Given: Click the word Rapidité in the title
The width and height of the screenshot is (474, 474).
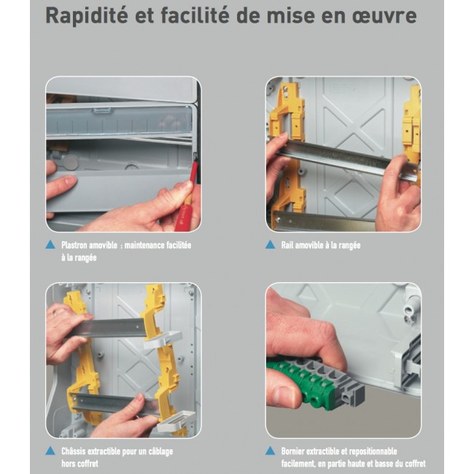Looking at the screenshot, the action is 87,16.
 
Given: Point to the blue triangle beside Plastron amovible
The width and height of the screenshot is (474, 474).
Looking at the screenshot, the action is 50,244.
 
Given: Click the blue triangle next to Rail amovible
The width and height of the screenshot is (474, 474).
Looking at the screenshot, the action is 270,244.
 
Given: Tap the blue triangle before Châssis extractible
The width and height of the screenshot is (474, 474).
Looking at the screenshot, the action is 50,451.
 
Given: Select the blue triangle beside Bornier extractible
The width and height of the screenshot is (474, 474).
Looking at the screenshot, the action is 270,451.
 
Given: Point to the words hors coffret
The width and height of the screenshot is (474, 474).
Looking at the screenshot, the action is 79,463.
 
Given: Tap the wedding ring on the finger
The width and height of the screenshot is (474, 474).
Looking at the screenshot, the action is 55,313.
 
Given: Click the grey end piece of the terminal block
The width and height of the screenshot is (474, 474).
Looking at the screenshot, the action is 353,393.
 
